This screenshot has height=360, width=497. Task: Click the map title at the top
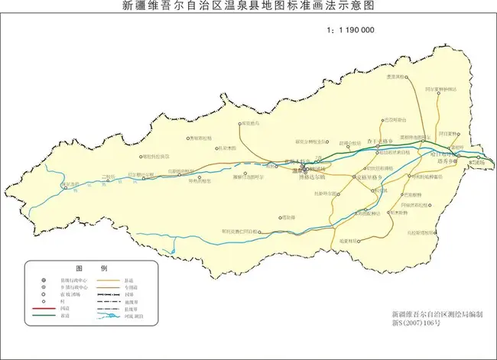[x=248, y=7]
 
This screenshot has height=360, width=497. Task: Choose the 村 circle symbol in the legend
[x=44, y=300]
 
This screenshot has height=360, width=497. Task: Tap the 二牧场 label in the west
[x=109, y=176]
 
